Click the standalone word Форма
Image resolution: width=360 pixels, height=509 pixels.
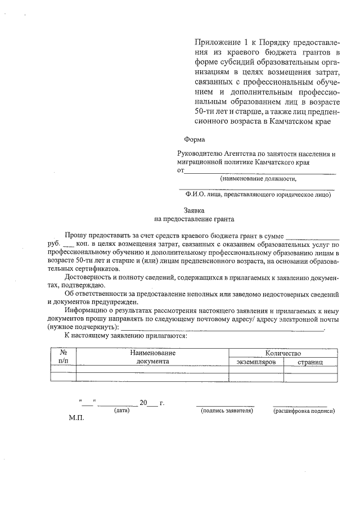tap(195, 139)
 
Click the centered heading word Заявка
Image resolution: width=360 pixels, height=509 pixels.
tap(193, 210)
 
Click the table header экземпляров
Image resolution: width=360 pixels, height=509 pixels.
tap(256, 362)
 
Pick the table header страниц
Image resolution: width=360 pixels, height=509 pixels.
tap(310, 362)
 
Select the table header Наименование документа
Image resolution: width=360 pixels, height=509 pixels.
tap(152, 357)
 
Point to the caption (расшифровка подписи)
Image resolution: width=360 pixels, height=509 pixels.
tap(304, 411)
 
